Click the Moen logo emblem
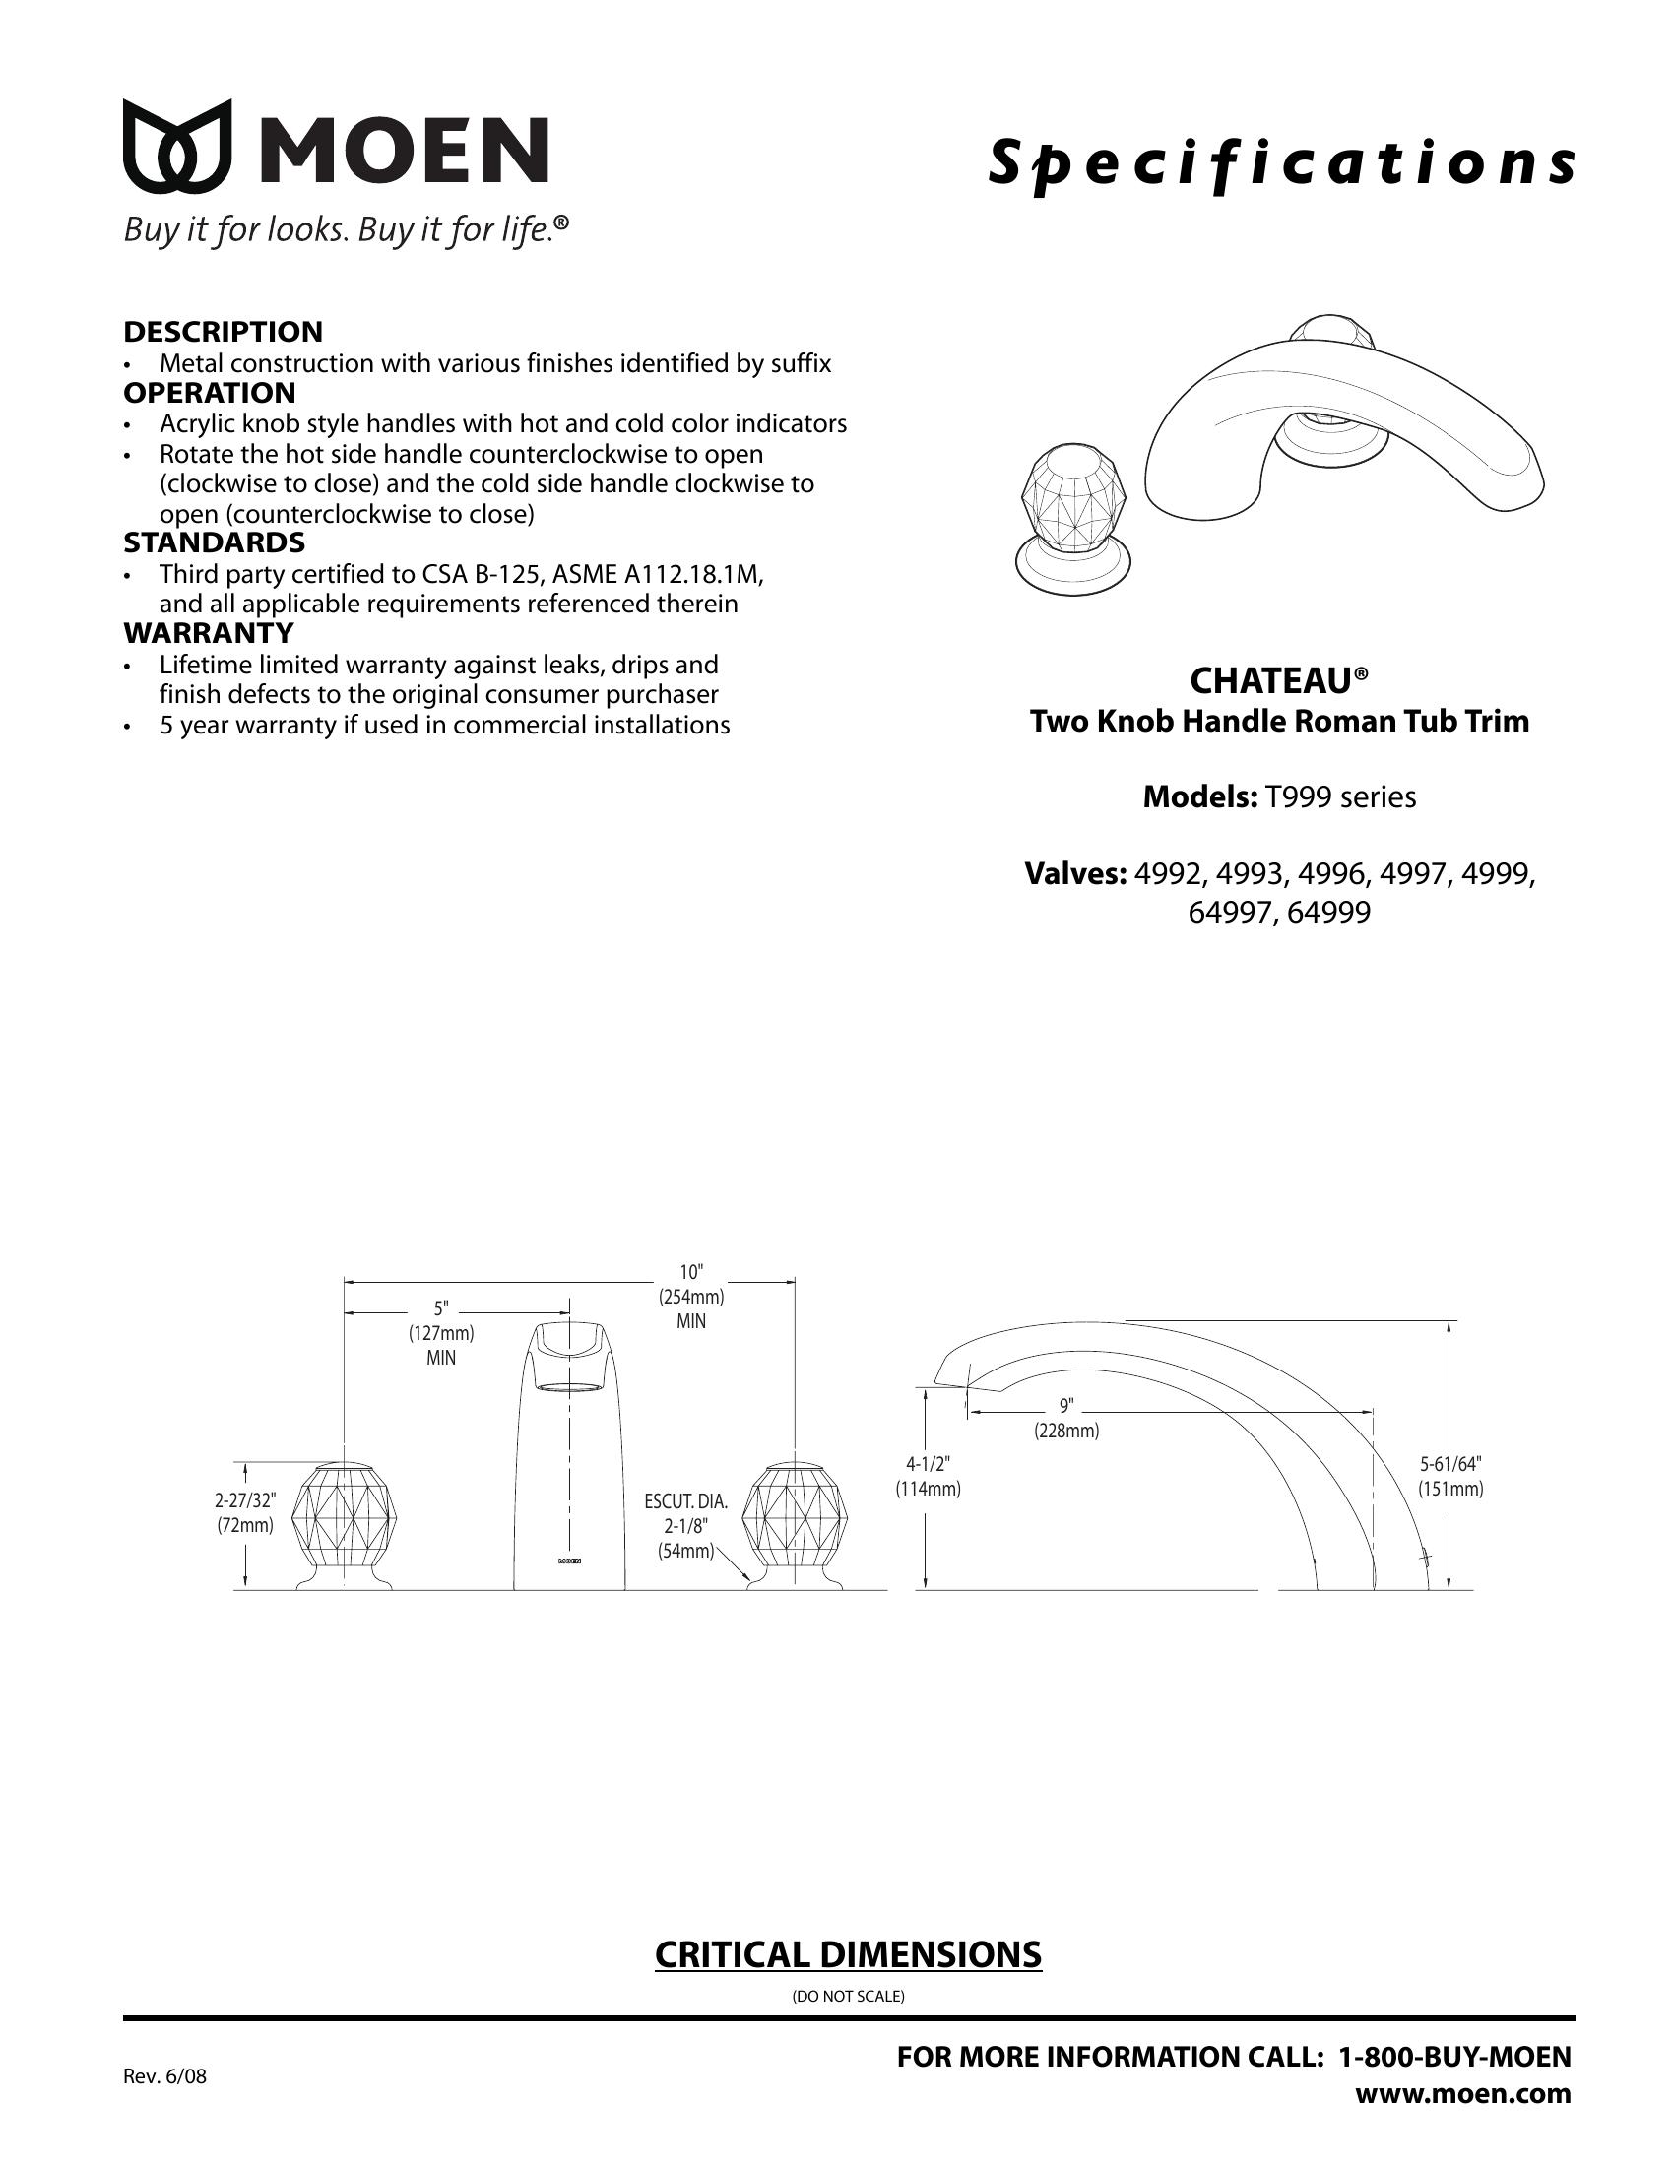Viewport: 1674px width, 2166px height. [x=177, y=146]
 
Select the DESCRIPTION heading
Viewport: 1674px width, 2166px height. [x=224, y=331]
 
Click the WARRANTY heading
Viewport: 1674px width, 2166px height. [x=208, y=632]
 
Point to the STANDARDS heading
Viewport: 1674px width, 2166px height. [x=215, y=542]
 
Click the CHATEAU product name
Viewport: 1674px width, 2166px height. [x=1278, y=680]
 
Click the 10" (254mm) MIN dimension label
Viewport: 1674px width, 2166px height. [x=691, y=1297]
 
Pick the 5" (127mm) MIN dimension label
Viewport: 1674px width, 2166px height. [x=441, y=1333]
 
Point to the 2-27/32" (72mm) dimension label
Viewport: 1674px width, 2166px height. [x=246, y=1512]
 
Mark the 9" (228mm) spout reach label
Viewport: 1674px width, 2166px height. [x=1067, y=1418]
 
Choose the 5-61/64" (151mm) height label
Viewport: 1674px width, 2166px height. [x=1449, y=1476]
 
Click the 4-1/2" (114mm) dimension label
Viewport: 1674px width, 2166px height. [x=929, y=1476]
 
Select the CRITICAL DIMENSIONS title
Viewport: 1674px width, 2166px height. [x=848, y=1953]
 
